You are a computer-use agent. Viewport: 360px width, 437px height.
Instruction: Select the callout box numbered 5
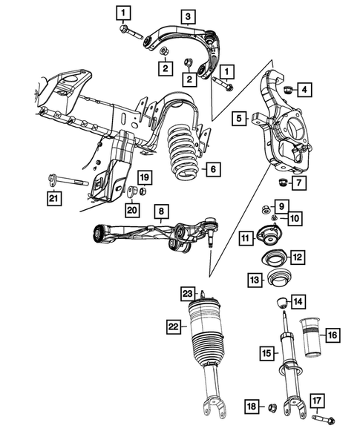(239, 118)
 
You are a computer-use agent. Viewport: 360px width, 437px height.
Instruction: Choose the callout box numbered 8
(159, 211)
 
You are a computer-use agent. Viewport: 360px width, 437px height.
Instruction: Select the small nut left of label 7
(282, 182)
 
